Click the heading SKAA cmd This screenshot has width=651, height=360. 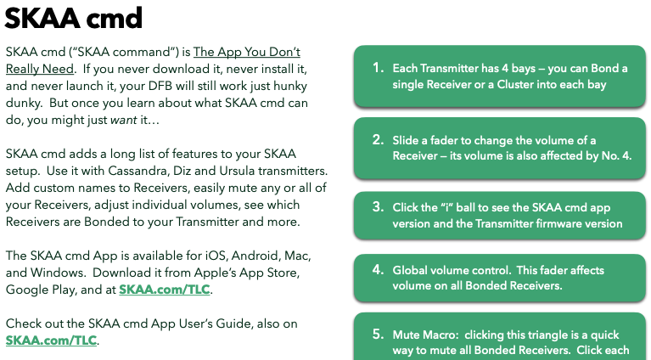click(x=74, y=18)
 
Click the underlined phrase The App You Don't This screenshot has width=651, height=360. click(x=247, y=52)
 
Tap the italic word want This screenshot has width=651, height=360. click(x=123, y=121)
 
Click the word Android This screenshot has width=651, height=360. click(x=255, y=256)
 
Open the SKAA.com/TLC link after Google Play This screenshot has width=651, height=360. click(x=165, y=290)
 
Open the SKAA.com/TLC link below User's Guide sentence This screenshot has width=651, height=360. click(x=51, y=340)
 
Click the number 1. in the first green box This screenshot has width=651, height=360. click(x=379, y=67)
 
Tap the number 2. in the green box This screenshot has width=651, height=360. click(x=379, y=139)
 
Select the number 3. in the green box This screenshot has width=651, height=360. click(x=379, y=206)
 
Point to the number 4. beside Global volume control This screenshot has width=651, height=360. click(x=379, y=269)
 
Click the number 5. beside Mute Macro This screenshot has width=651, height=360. click(x=379, y=334)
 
